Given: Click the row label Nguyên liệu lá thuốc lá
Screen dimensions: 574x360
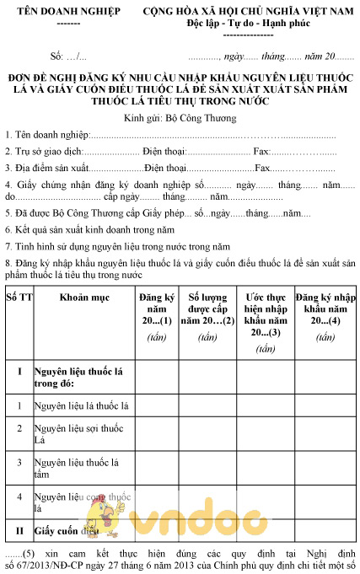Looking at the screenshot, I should (81, 406).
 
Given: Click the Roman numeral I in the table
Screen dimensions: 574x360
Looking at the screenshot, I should (19, 371).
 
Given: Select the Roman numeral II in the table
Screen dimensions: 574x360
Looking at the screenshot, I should (19, 531).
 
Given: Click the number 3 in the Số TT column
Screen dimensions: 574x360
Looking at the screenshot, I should (19, 463).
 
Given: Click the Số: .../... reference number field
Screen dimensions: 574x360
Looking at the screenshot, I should (68, 56).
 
